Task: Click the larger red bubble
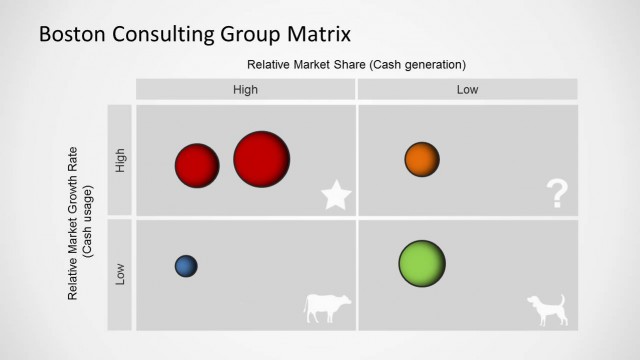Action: point(262,158)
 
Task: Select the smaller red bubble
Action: point(197,165)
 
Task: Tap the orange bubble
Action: point(422,159)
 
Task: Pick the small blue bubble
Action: point(185,266)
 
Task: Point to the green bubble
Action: point(421,265)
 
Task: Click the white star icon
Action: point(337,197)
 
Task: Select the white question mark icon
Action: point(557,195)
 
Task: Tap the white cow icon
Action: point(326,307)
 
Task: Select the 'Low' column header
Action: point(468,90)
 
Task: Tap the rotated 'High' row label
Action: point(121,160)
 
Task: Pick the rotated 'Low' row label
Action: point(121,273)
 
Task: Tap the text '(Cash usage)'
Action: point(90,219)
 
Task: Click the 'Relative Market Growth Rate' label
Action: point(73,219)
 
